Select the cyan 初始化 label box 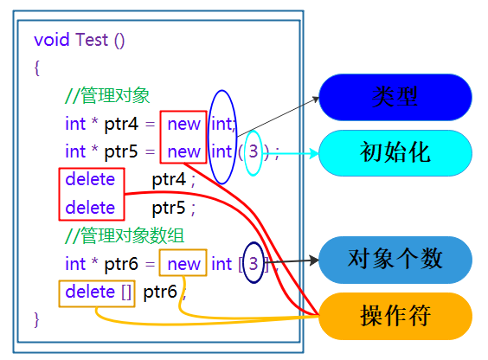click(395, 153)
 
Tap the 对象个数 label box click(395, 260)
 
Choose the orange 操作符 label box click(395, 316)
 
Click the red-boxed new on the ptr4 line click(183, 124)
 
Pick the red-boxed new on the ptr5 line click(183, 152)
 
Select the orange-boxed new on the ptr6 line click(183, 264)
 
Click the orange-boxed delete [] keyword click(98, 292)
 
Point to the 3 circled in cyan click(253, 152)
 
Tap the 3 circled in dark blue click(253, 263)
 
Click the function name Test click(93, 40)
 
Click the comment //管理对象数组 click(124, 235)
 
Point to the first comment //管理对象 click(107, 96)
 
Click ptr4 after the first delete click(170, 180)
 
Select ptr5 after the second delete click(170, 208)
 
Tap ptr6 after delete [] click(161, 292)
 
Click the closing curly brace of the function click(37, 319)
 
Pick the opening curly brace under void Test click(37, 68)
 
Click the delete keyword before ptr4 click(90, 180)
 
